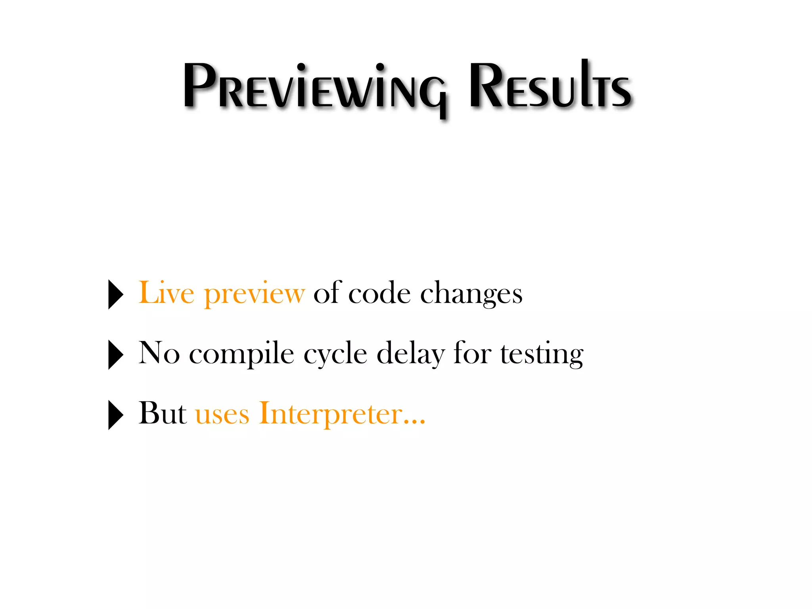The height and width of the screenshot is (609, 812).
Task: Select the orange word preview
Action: (254, 295)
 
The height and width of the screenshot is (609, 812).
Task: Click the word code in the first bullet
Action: (379, 293)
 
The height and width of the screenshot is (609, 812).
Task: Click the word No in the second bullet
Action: (159, 353)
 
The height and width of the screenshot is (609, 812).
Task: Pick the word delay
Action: (410, 354)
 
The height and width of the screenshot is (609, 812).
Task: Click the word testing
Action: (542, 354)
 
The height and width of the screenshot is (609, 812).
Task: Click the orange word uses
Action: (222, 415)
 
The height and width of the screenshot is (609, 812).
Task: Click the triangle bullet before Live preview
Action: (115, 294)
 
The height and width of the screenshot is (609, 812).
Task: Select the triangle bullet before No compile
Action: (115, 354)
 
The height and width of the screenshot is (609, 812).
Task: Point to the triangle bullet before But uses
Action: (115, 415)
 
